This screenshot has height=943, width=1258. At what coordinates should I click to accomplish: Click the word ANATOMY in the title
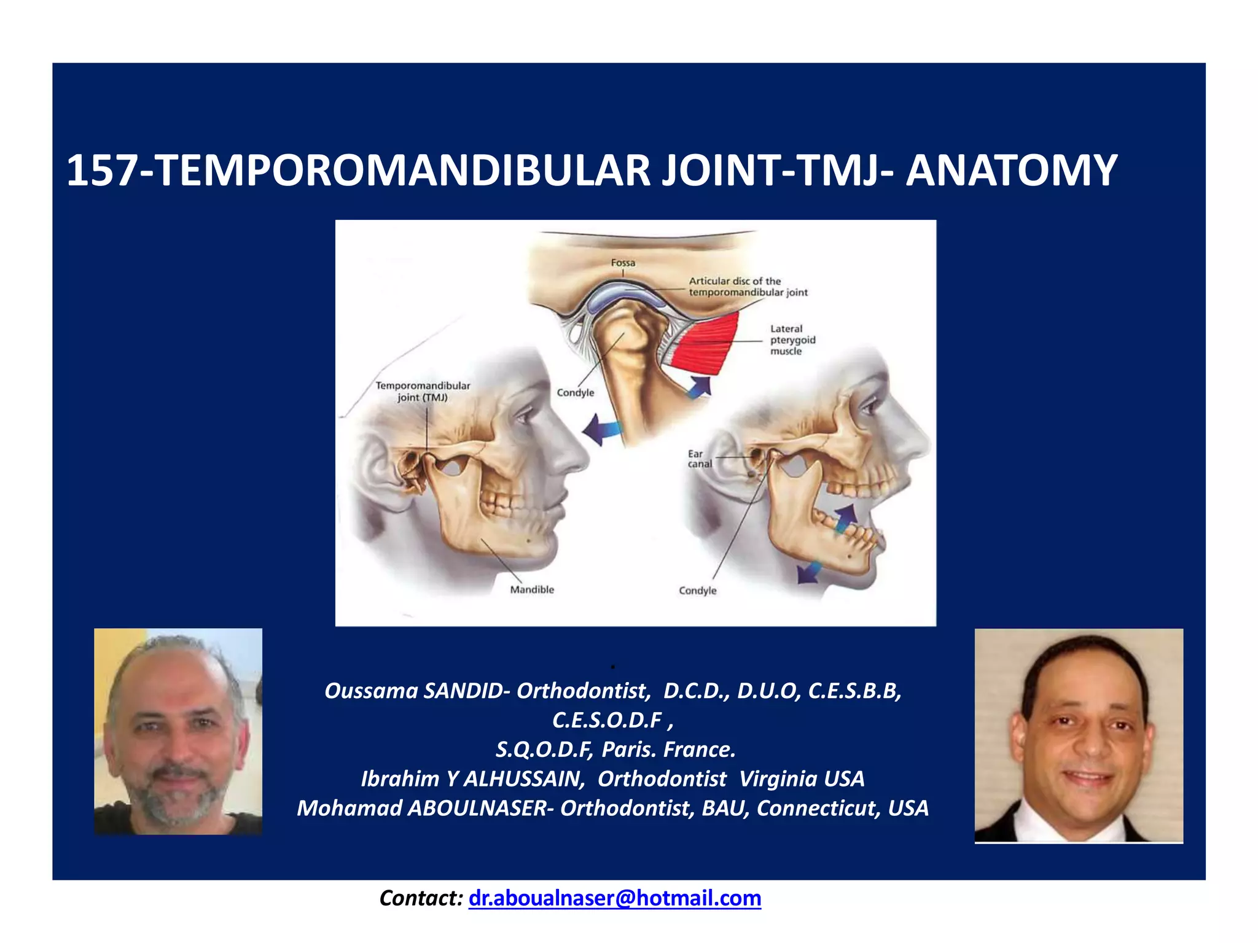coord(1011,171)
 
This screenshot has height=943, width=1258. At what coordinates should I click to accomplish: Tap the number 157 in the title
coord(101,171)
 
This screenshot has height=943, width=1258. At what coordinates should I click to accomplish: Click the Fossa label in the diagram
coord(623,263)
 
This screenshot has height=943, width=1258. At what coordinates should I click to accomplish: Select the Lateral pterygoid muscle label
coord(792,340)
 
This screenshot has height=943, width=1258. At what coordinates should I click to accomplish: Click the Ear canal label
coord(699,459)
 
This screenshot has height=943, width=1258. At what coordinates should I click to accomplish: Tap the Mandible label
coord(532,589)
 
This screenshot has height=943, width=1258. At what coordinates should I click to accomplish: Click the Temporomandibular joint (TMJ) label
coord(423,391)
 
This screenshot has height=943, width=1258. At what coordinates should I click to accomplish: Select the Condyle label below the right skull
coord(697,590)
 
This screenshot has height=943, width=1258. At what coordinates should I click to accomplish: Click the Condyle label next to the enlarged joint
coord(576,392)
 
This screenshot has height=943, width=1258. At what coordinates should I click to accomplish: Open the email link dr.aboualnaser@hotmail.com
coord(614,898)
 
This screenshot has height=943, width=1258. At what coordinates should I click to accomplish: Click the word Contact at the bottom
coord(420,898)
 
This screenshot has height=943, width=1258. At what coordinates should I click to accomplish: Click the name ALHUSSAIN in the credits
coord(523,778)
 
